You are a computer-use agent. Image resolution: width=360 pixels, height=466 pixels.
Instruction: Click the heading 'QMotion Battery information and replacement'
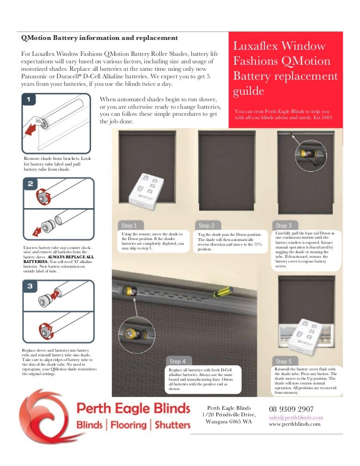[100, 38]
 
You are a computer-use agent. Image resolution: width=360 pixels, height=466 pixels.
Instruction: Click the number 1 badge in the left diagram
[29, 99]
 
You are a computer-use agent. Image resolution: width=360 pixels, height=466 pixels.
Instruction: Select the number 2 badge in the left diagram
[30, 184]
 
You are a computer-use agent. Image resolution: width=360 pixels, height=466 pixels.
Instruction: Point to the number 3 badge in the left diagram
[29, 286]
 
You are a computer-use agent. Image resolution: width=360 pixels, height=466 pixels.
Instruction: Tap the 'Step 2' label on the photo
[206, 225]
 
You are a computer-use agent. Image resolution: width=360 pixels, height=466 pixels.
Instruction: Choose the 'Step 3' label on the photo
[284, 225]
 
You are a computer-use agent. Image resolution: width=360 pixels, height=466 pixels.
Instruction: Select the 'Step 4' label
[178, 361]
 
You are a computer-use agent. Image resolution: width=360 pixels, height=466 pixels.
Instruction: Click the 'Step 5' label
[284, 361]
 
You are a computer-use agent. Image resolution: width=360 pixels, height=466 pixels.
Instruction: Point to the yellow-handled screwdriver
[219, 293]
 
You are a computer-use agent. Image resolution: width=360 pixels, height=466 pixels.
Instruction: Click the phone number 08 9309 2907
[291, 409]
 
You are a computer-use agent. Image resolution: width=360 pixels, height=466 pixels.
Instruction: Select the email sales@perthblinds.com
[296, 417]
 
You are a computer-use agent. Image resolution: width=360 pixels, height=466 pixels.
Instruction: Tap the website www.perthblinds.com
[294, 424]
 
